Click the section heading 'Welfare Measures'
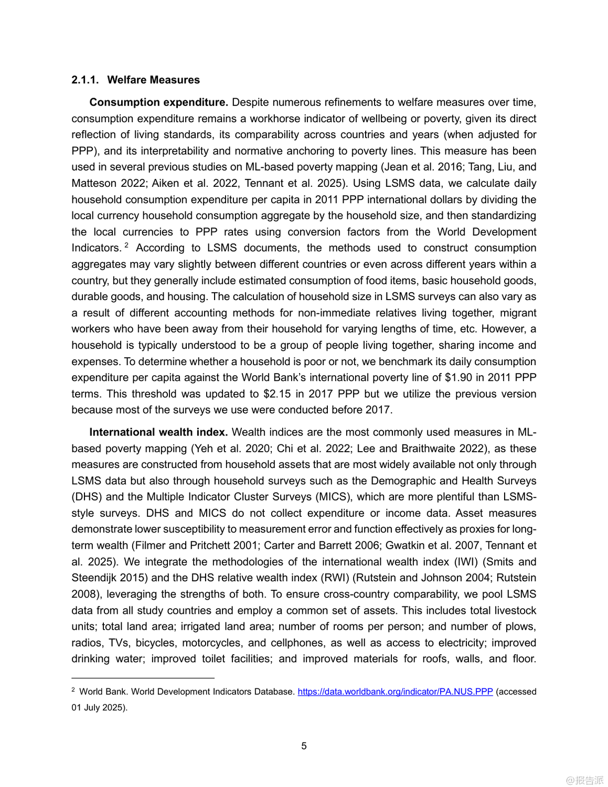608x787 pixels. [x=153, y=80]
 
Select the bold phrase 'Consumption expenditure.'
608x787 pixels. [x=158, y=102]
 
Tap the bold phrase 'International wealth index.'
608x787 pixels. [x=158, y=432]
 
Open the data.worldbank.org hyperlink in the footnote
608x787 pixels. [x=395, y=692]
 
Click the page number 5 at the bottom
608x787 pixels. [x=304, y=746]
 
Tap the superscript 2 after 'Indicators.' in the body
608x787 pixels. [x=126, y=245]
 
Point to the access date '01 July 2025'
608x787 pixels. [x=99, y=707]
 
